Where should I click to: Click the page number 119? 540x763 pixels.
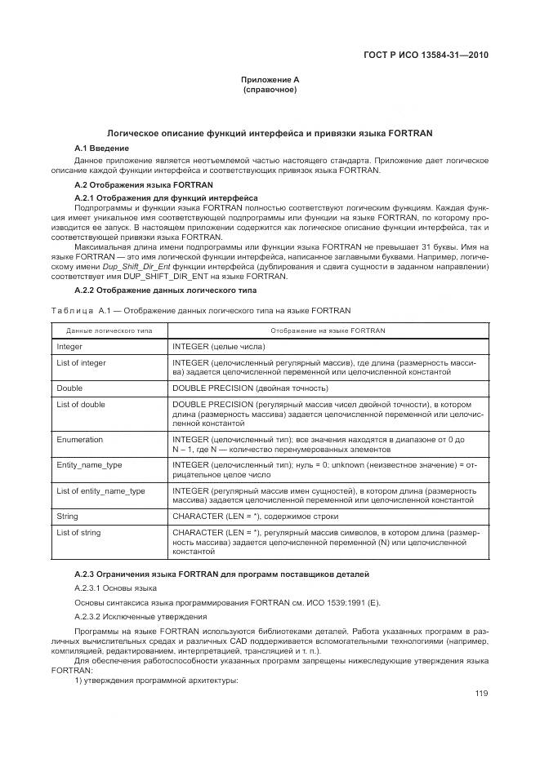[481, 694]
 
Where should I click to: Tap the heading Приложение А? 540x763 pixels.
[270, 79]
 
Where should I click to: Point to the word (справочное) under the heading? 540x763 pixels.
[270, 89]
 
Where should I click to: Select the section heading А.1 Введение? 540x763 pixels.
[101, 148]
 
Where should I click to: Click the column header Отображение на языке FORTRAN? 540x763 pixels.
[328, 330]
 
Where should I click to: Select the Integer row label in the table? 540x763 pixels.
[69, 347]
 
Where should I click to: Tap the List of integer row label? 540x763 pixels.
[81, 363]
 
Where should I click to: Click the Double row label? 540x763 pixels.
[69, 388]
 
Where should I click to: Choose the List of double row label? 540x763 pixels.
[81, 405]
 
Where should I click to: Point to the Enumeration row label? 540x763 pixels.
[80, 440]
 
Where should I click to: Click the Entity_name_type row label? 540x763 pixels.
[89, 464]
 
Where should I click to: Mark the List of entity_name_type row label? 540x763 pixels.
[100, 491]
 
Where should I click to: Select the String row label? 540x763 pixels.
[67, 517]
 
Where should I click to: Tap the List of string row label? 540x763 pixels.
[78, 533]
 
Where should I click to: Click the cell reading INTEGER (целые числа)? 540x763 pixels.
[219, 347]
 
